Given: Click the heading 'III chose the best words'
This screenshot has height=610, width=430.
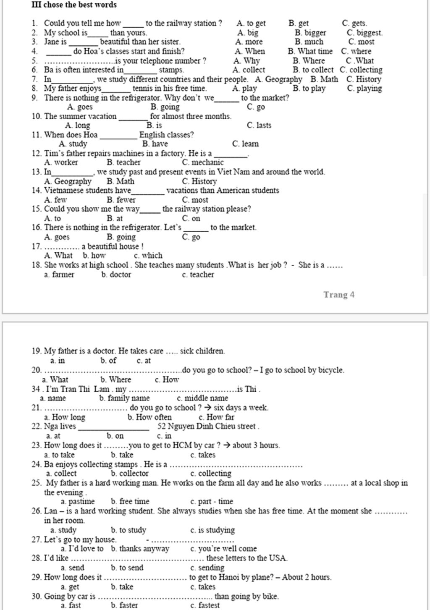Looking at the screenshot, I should [74, 5].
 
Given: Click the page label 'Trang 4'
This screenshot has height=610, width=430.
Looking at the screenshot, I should [339, 295].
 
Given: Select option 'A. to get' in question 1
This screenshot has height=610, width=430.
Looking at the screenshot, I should [251, 24].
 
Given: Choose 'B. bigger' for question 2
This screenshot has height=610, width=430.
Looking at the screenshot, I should [310, 33].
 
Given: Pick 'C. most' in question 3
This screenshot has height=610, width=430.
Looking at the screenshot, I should [361, 42].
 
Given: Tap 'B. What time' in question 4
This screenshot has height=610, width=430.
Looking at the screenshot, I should [310, 51].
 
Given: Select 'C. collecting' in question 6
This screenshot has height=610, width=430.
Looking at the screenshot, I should [361, 70].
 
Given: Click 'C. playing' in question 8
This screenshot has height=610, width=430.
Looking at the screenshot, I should [364, 89].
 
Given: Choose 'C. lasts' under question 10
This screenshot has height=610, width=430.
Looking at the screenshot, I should [259, 126].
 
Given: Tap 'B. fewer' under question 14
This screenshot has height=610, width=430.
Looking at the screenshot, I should [121, 200].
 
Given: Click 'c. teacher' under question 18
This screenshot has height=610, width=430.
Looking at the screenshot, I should [198, 275].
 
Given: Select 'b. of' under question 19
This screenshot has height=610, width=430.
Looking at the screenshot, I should [108, 361].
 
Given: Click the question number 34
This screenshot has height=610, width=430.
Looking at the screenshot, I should [36, 389].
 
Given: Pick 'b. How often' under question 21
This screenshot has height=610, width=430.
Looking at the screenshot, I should [149, 417].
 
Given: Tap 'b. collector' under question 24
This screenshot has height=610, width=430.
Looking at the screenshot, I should [130, 474].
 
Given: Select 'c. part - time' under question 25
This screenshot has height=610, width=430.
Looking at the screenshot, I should [212, 502].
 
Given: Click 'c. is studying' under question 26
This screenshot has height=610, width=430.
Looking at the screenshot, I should [212, 530].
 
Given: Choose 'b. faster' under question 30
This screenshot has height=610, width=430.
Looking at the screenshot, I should [124, 605].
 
